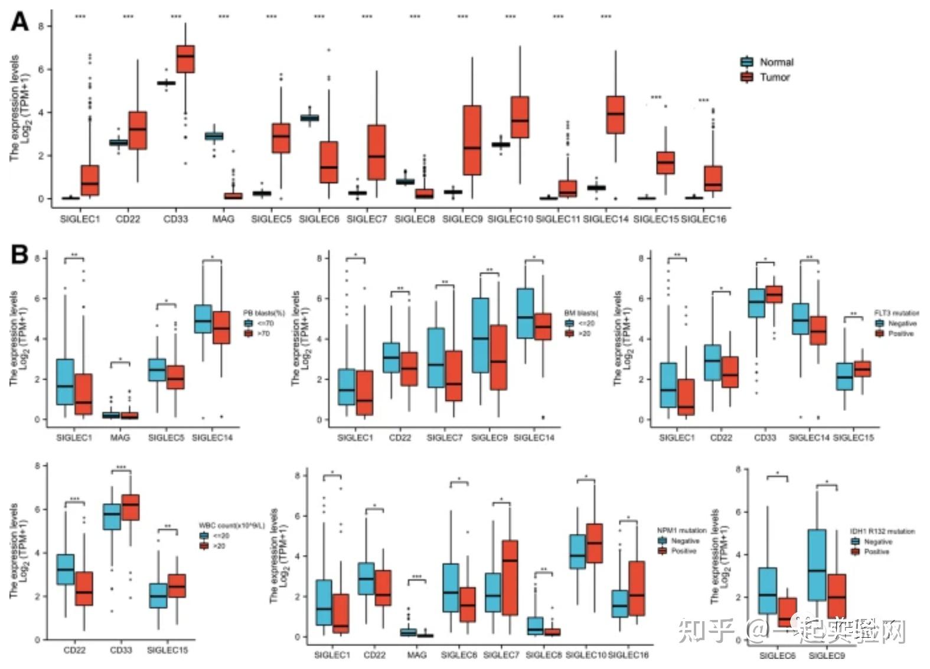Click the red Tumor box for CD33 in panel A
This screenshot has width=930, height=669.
tap(186, 59)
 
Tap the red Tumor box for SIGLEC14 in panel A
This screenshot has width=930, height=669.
tap(615, 115)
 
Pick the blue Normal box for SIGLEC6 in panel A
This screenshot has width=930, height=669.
tap(309, 118)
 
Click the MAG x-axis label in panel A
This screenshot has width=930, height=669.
tap(223, 219)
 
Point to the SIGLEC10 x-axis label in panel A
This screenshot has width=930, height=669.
tap(510, 219)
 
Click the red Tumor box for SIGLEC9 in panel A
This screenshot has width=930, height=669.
tap(472, 140)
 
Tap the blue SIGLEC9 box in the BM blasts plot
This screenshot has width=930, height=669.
tap(481, 335)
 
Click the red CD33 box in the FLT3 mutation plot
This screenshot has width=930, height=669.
tap(774, 294)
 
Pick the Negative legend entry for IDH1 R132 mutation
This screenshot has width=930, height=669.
tap(877, 541)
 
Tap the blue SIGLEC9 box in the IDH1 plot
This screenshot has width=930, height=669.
tap(817, 565)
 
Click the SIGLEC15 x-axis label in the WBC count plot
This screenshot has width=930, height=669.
tap(167, 650)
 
